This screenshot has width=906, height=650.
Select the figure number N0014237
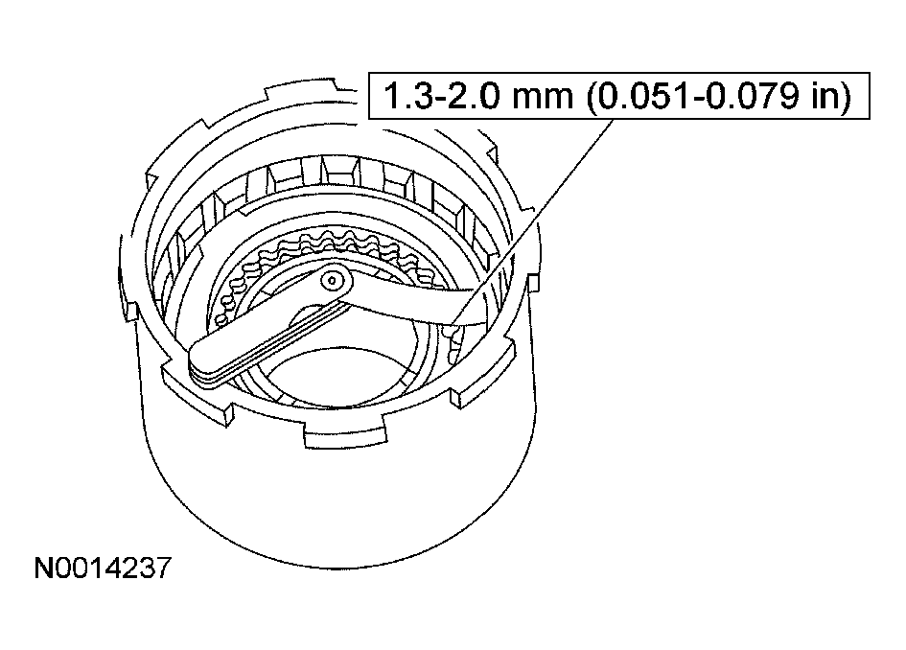tap(103, 568)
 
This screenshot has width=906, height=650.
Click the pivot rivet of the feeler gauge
tap(333, 280)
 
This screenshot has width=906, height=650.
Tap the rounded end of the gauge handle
tap(200, 362)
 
